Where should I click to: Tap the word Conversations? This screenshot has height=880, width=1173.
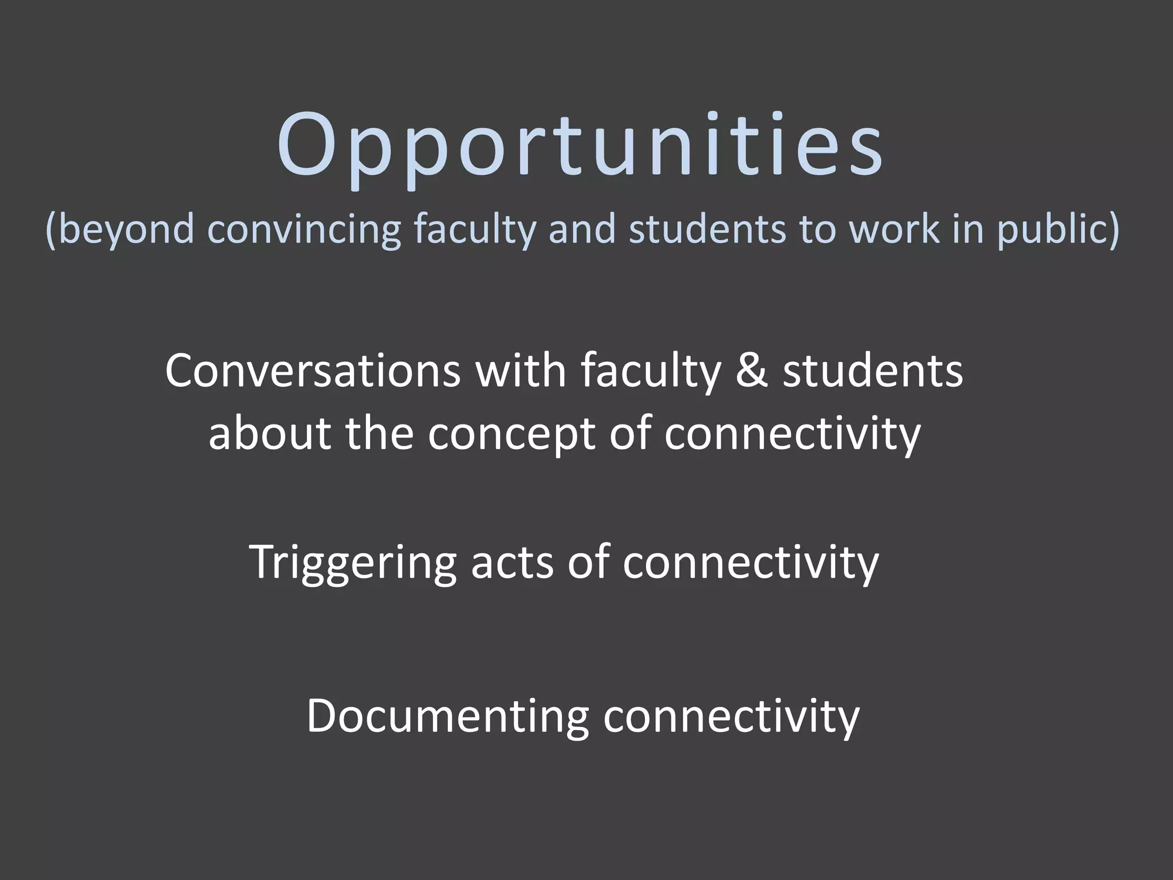point(313,371)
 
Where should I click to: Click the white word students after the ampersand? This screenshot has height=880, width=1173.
point(873,371)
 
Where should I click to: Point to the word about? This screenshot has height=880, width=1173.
point(269,433)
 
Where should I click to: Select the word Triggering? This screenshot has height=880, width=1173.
point(353,563)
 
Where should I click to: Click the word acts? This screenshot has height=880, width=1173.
point(512,563)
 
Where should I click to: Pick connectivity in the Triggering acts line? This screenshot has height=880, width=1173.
point(750,563)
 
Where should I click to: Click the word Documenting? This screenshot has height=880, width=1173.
point(447,716)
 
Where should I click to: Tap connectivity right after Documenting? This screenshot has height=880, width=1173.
point(731,716)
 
